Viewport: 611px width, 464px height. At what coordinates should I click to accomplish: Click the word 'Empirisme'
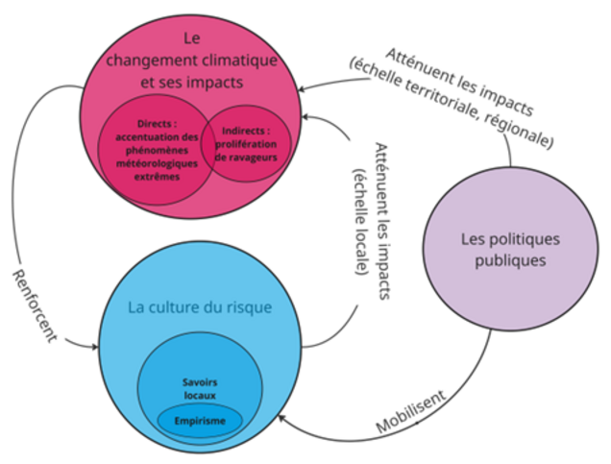coord(199,422)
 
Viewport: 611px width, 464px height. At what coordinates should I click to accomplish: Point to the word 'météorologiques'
coord(154,164)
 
